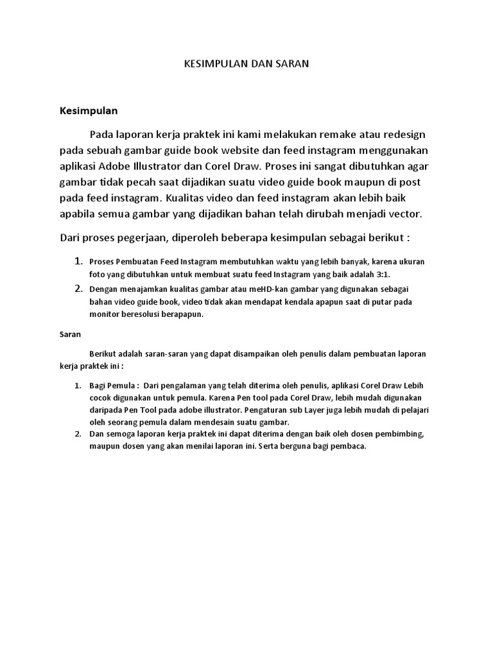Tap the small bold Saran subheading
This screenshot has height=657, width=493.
(70, 335)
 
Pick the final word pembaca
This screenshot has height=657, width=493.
(349, 447)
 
